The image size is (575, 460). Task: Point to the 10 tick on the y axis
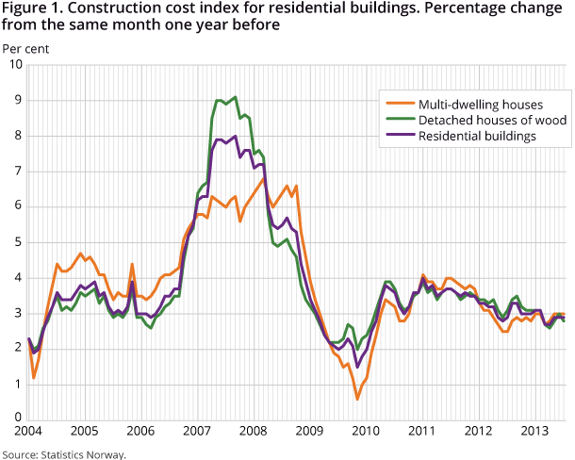[16, 64]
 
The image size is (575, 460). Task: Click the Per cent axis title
[25, 46]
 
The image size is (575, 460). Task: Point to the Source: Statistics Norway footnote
[63, 453]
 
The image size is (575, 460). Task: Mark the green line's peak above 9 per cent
[235, 96]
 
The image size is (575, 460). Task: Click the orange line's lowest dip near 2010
[357, 399]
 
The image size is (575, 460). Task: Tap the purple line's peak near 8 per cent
[235, 136]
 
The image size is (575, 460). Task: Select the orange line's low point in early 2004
[34, 378]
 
